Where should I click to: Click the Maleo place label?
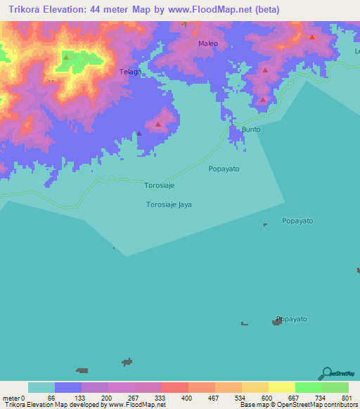coord(208,44)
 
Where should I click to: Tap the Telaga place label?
coord(131,72)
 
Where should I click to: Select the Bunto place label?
coord(251,130)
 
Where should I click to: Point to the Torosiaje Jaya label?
coord(169,204)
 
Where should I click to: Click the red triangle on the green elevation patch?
coord(66,58)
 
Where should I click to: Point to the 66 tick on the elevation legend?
coord(51,398)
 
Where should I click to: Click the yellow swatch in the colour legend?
coord(281,387)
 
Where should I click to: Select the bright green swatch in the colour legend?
coord(308,387)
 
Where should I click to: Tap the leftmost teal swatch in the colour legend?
coord(41,387)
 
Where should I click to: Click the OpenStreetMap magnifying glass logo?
coord(326,373)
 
